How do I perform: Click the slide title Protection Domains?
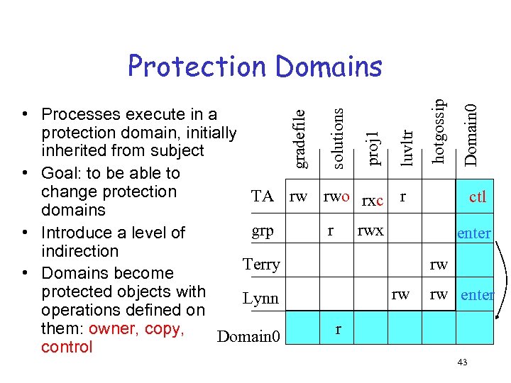click(x=255, y=67)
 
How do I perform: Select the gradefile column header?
click(x=300, y=138)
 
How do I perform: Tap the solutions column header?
click(x=338, y=138)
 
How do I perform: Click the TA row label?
click(x=263, y=196)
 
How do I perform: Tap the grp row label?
click(x=263, y=231)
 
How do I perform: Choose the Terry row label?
click(x=261, y=265)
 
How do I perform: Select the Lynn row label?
click(x=260, y=299)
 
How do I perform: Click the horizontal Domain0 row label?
click(x=249, y=335)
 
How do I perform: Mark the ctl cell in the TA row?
click(x=478, y=197)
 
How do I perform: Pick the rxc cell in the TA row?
click(x=373, y=201)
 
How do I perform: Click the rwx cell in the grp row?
click(x=370, y=230)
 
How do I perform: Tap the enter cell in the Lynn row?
click(x=477, y=294)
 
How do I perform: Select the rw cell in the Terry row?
click(x=439, y=265)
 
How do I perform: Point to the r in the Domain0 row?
click(x=339, y=329)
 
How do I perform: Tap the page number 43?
click(x=462, y=362)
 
